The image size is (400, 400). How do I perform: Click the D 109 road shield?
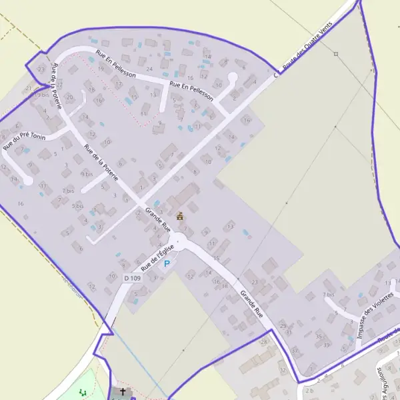[x=132, y=278]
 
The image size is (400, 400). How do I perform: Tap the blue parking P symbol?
[x=167, y=264]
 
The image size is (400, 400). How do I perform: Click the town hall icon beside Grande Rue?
[x=179, y=216]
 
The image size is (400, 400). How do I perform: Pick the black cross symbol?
[x=123, y=392]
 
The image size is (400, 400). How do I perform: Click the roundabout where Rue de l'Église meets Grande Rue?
[x=178, y=241]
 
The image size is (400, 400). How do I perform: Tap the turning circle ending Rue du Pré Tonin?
[x=28, y=180]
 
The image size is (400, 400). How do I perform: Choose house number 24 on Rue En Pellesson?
[x=149, y=69]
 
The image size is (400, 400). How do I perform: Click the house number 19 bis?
[x=42, y=95]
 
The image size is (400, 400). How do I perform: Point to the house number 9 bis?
[x=87, y=174]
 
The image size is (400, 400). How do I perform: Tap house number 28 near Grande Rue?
[x=263, y=342]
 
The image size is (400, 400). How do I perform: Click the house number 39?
[x=327, y=345]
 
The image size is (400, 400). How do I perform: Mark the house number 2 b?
[x=309, y=390]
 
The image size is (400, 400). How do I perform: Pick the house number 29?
[x=282, y=325]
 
